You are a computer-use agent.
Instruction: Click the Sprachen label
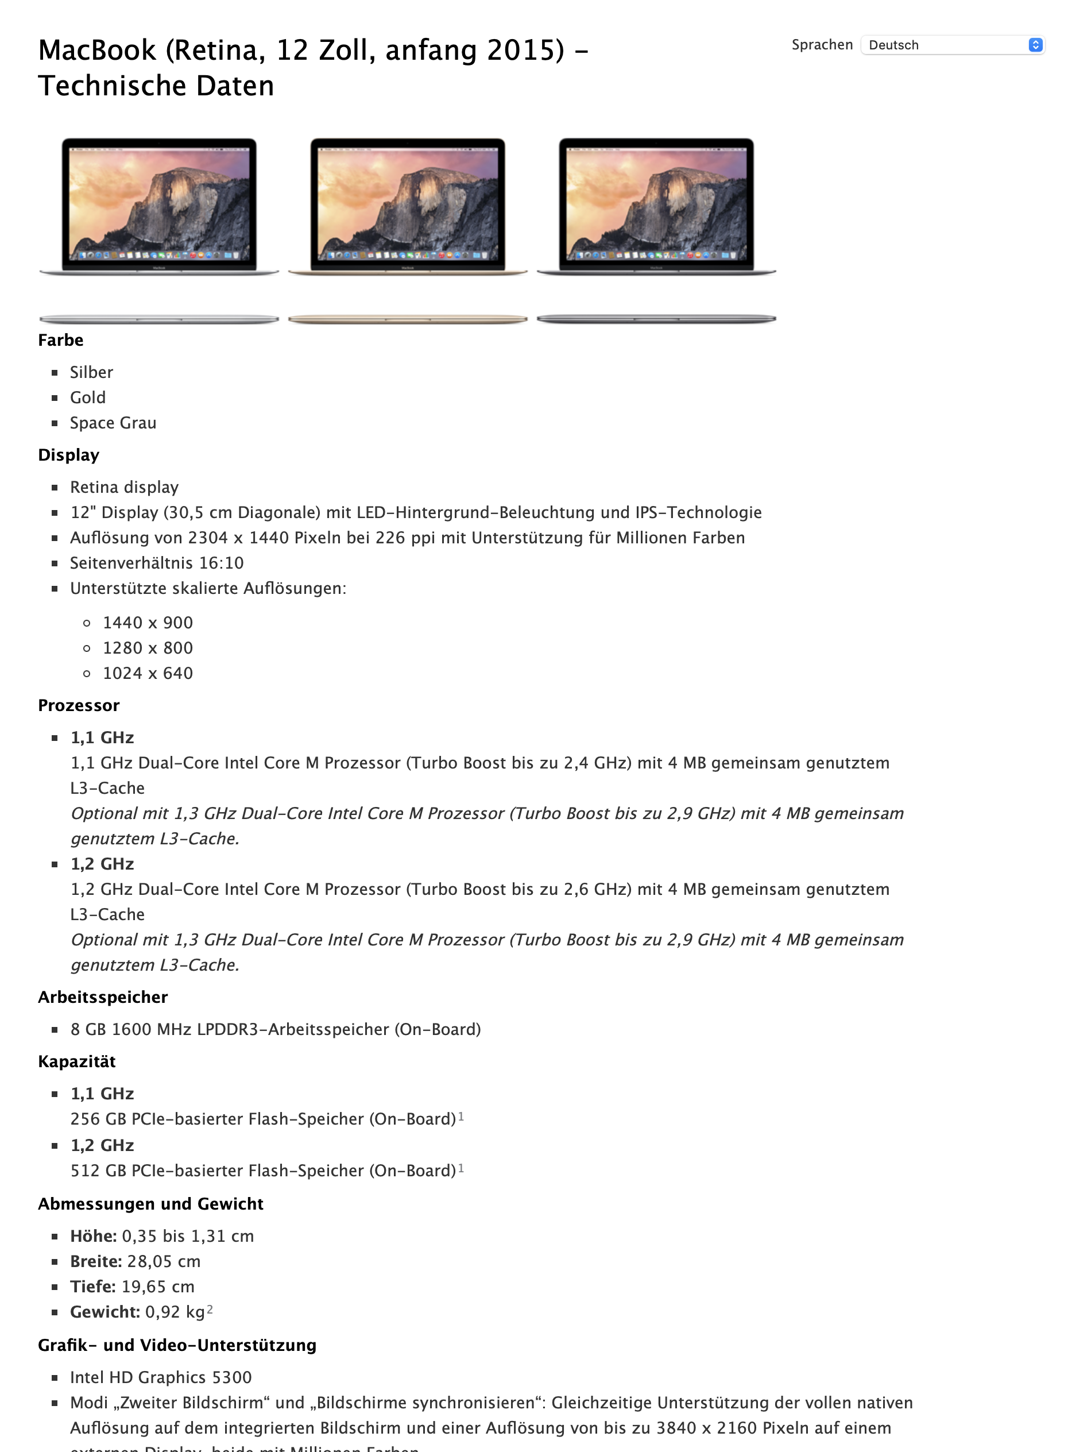tap(822, 45)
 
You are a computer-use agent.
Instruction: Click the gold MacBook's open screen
tap(407, 204)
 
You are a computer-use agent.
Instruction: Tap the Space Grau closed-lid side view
tap(656, 319)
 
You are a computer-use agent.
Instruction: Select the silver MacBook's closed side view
tap(159, 319)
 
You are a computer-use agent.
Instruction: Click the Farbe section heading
tap(61, 340)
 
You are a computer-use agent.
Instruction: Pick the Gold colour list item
tap(88, 398)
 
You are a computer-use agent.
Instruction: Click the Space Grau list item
tap(113, 423)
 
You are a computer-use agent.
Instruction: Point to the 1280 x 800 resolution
tap(148, 648)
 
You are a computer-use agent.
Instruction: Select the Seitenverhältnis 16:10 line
tap(157, 563)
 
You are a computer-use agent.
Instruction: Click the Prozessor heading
tap(79, 706)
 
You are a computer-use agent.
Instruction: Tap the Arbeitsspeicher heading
tap(103, 997)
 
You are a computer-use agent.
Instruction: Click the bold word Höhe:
tap(93, 1237)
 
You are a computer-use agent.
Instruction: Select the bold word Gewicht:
tap(105, 1312)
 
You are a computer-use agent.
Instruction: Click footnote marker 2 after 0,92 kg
tap(210, 1310)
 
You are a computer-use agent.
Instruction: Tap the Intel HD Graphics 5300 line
tap(161, 1378)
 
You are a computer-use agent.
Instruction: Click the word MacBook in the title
tap(97, 51)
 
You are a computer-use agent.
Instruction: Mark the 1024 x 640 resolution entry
tap(148, 673)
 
